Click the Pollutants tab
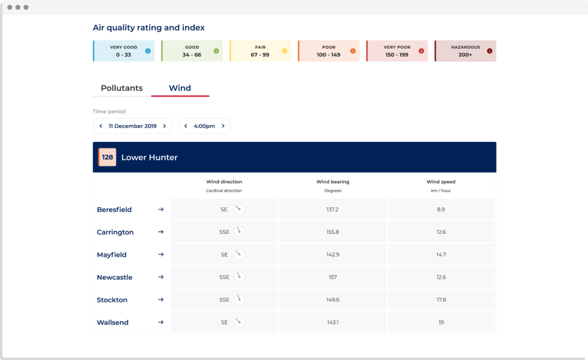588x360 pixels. pyautogui.click(x=122, y=88)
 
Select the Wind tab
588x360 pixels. pyautogui.click(x=180, y=88)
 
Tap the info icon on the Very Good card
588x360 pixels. pyautogui.click(x=148, y=51)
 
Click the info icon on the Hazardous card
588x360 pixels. pyautogui.click(x=490, y=51)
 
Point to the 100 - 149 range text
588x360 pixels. pyautogui.click(x=329, y=55)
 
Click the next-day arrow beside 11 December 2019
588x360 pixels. pyautogui.click(x=165, y=126)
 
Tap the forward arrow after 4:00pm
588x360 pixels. pyautogui.click(x=223, y=126)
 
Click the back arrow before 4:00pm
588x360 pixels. pyautogui.click(x=186, y=126)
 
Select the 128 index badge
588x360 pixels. pyautogui.click(x=107, y=157)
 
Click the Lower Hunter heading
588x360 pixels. pyautogui.click(x=149, y=157)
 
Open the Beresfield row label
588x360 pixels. pyautogui.click(x=114, y=209)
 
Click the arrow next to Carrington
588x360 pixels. pyautogui.click(x=161, y=232)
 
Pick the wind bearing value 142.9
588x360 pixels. pyautogui.click(x=333, y=255)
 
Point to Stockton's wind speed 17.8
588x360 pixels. pyautogui.click(x=441, y=300)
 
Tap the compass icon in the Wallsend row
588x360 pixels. pyautogui.click(x=239, y=322)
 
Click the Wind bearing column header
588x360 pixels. pyautogui.click(x=333, y=182)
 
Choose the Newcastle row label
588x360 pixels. pyautogui.click(x=115, y=277)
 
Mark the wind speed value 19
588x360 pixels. pyautogui.click(x=441, y=322)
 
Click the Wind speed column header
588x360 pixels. pyautogui.click(x=441, y=182)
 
